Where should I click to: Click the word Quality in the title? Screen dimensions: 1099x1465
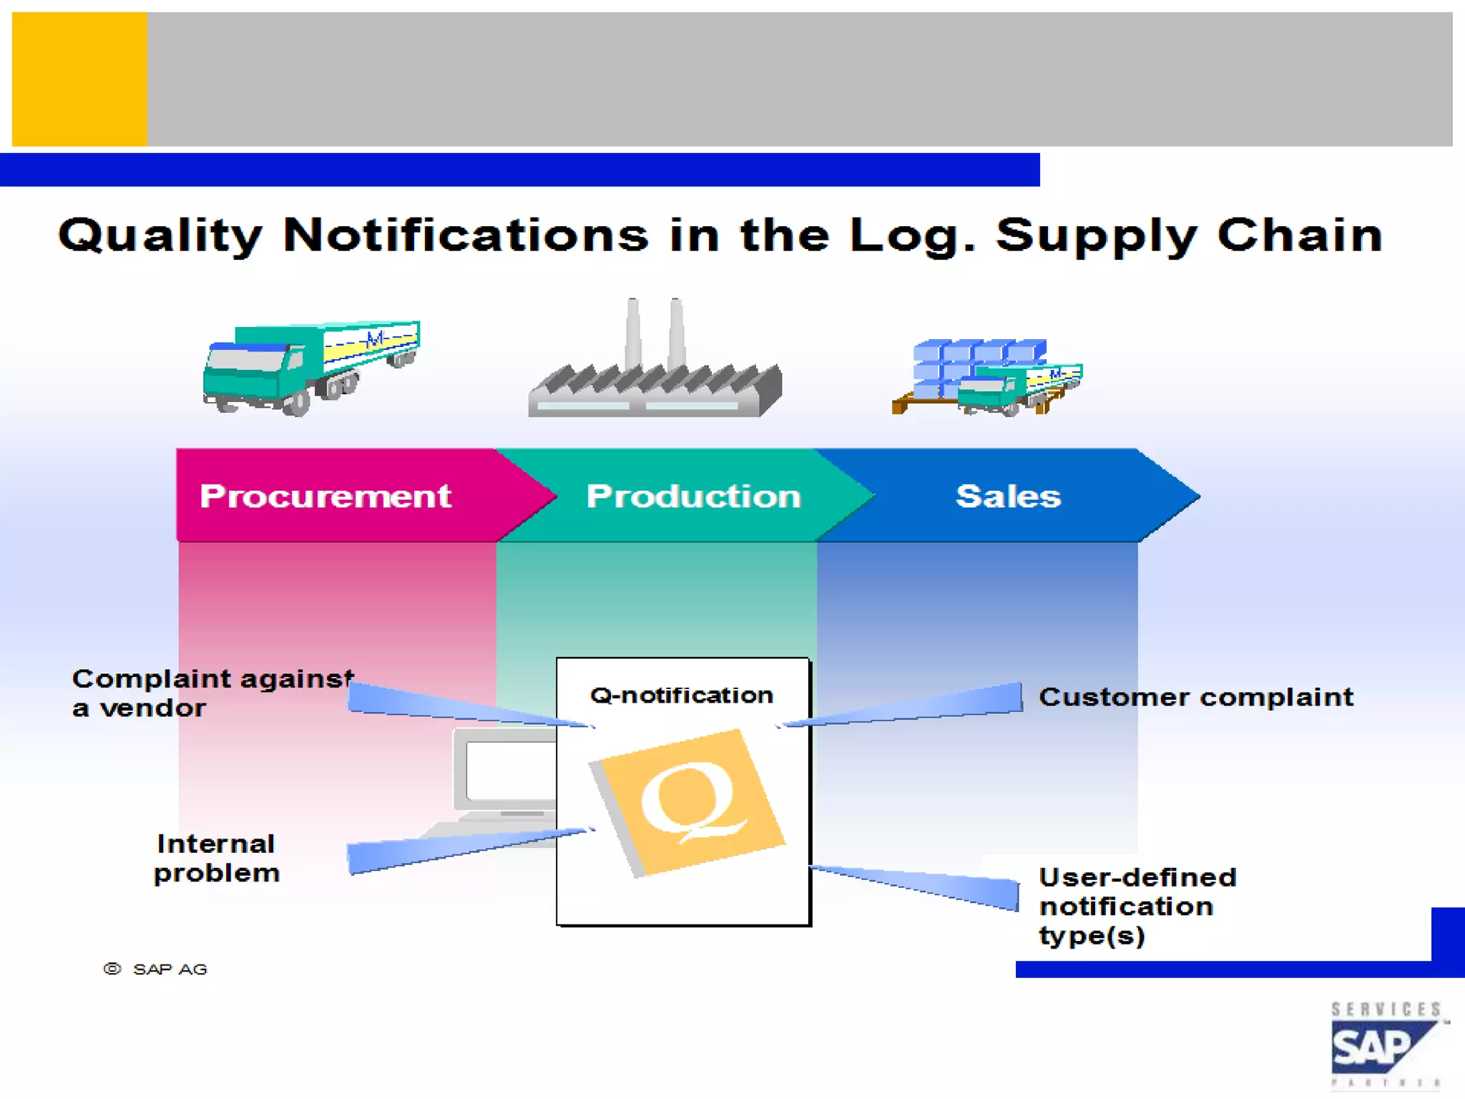point(160,235)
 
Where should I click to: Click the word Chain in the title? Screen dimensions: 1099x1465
point(1300,235)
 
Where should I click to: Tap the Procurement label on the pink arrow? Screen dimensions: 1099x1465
point(325,496)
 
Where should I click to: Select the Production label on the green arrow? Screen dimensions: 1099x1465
point(693,496)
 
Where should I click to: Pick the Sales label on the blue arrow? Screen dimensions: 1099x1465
point(1008,496)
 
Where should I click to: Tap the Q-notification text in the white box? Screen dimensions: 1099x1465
point(681,695)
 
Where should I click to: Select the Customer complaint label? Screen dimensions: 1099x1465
point(1195,697)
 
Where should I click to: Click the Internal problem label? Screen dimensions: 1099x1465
point(216,858)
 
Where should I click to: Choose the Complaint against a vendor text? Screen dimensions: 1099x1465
point(212,693)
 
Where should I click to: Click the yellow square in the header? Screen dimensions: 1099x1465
point(79,79)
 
